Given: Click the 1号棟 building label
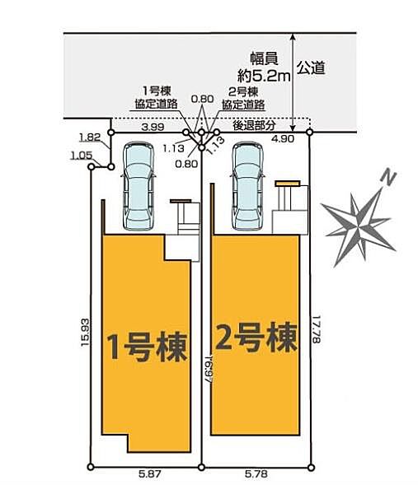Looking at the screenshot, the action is pos(148,347).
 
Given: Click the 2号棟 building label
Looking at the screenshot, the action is pos(256,337).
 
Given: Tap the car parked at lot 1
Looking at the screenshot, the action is pos(139,186).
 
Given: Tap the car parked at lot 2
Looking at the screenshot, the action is pos(247,186).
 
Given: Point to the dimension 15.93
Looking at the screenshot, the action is pos(85,333).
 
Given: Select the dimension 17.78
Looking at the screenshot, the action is pos(317,329).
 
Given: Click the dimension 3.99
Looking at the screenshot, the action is pos(153,127).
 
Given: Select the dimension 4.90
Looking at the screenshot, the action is pos(283,138).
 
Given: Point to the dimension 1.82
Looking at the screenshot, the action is pos(90,137).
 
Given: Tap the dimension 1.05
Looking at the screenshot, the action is pos(82,155).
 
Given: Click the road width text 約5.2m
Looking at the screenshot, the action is pos(264,76).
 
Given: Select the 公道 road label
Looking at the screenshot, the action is pos(312,68).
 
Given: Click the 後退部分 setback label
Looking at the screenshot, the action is pos(254,125).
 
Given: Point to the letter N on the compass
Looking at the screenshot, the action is pos(388,179).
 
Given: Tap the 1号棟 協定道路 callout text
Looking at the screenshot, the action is pos(157,98).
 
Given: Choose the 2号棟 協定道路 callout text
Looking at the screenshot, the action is pos(243,98).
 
